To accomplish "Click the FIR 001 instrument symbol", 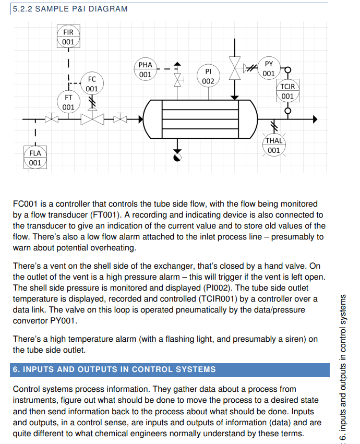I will point(68,37).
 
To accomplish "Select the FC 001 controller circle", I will point(92,83).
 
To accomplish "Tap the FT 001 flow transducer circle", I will point(68,102).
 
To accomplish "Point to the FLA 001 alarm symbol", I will point(35,158).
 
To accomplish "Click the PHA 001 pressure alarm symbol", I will point(146,69).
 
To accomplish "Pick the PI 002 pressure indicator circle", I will point(208,76).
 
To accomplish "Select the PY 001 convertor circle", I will point(269,68).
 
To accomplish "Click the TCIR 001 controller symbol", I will point(287,91).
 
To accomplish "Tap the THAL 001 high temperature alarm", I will point(274,145).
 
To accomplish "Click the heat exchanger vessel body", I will point(201,119).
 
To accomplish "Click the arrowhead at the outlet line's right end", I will point(315,119).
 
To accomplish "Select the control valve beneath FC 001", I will point(92,119).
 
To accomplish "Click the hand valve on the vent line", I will point(178,80).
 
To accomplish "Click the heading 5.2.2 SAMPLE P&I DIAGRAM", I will point(70,9).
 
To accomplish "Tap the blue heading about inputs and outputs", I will point(114,369).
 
